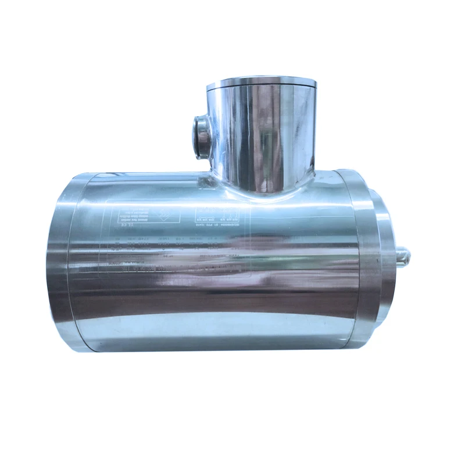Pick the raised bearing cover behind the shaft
click(385, 256)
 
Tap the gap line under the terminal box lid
click(261, 88)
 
